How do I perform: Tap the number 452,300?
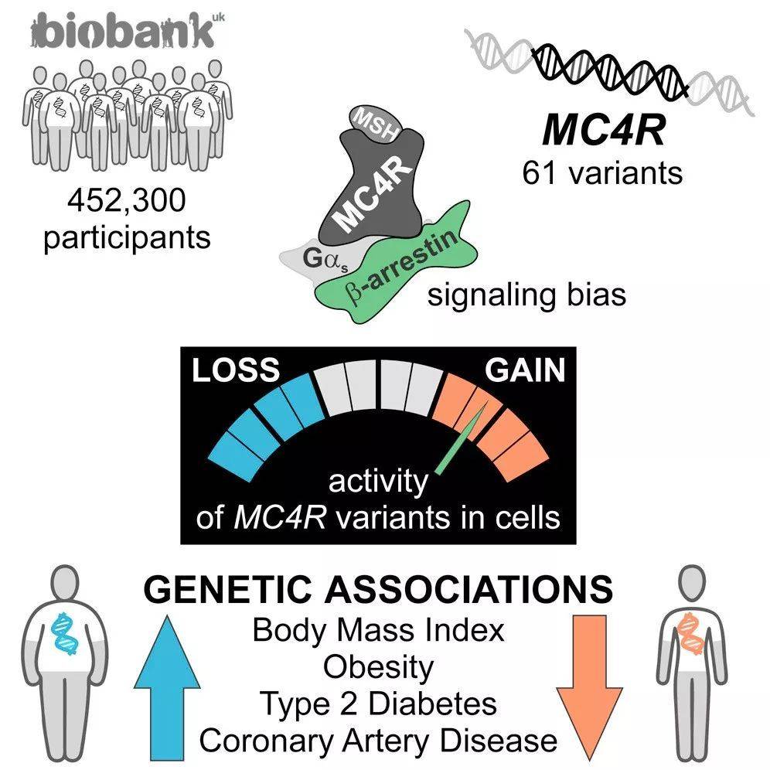click(x=128, y=200)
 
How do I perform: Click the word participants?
click(x=128, y=238)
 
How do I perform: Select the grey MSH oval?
click(x=375, y=124)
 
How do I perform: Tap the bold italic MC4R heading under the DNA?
click(x=604, y=130)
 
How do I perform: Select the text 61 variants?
click(x=602, y=173)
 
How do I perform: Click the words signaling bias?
click(x=527, y=295)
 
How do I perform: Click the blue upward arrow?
click(x=168, y=687)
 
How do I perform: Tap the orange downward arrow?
click(x=589, y=687)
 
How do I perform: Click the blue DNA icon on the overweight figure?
click(x=66, y=633)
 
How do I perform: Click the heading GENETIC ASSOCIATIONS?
click(x=378, y=589)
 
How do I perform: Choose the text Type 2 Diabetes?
click(x=378, y=704)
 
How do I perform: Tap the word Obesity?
click(x=378, y=667)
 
